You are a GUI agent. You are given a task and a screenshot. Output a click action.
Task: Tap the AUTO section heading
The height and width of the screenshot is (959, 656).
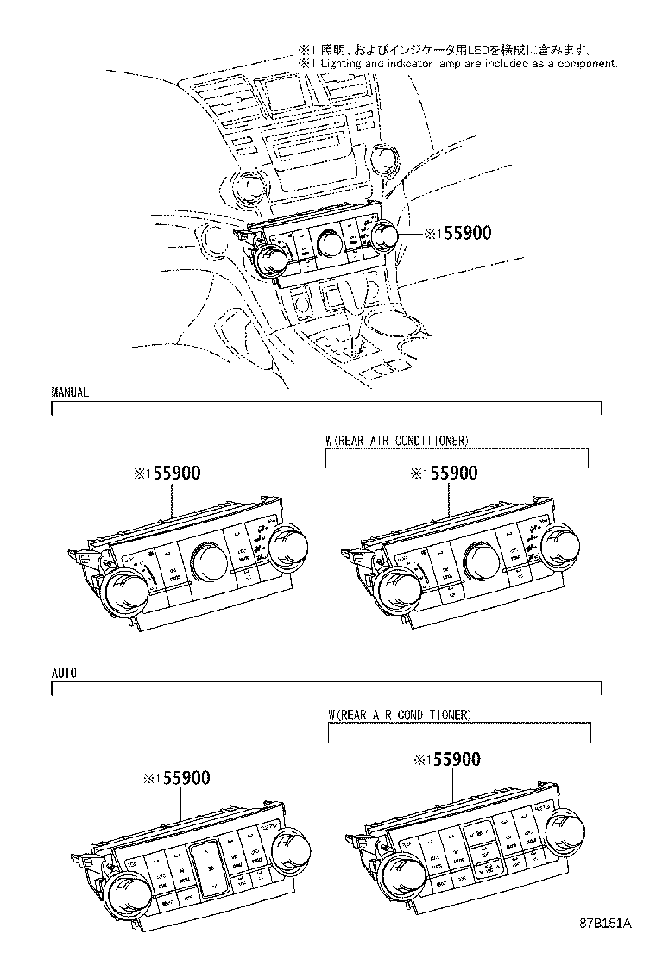(65, 674)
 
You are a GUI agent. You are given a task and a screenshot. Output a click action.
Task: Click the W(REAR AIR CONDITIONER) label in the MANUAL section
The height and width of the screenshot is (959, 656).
(396, 440)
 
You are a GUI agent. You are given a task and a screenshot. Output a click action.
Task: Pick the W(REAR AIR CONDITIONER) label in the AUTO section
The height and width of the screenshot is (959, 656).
(399, 715)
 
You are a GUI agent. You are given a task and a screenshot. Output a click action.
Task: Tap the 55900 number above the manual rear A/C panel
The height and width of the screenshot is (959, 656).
(449, 473)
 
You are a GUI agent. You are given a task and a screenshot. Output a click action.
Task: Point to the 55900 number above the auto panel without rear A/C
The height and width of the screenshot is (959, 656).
(181, 778)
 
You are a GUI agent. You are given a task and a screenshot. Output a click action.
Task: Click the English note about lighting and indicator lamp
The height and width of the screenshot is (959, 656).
(457, 64)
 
